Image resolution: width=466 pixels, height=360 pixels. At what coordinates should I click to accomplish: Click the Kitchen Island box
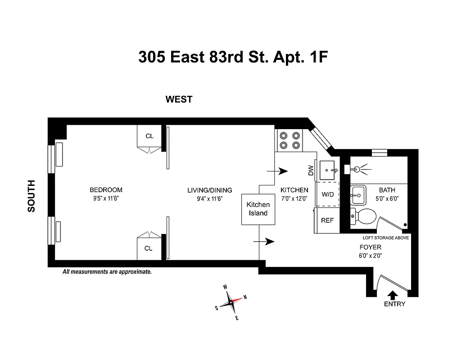[x=258, y=209]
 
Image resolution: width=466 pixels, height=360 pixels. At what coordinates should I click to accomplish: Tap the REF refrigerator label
[x=327, y=220]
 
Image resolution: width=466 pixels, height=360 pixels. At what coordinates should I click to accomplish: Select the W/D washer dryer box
[x=328, y=194]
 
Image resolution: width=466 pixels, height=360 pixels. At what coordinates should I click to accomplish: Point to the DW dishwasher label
[x=311, y=171]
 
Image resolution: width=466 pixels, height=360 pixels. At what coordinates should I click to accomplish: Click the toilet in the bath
[x=365, y=216]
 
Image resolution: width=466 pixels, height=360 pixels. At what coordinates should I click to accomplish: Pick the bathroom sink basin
[x=359, y=194]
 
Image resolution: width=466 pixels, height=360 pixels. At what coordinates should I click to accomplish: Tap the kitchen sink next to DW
[x=327, y=170]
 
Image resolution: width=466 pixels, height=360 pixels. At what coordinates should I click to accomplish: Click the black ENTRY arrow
[x=393, y=295]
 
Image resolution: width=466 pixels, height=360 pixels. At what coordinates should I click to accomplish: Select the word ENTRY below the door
[x=394, y=304]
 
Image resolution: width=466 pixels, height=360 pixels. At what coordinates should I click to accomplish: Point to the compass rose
[x=231, y=302]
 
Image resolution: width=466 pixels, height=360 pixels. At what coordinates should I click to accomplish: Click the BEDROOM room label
[x=106, y=190]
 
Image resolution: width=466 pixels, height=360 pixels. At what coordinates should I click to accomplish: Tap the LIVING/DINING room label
[x=210, y=190]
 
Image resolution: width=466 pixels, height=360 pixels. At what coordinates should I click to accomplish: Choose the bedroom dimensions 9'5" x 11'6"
[x=106, y=198]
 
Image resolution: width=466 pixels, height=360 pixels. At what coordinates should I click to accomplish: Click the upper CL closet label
[x=149, y=136]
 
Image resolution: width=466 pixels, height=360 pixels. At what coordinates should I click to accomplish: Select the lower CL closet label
[x=149, y=248]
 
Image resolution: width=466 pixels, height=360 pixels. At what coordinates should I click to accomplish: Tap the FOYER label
[x=371, y=247]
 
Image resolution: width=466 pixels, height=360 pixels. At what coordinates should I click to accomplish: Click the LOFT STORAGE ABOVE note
[x=386, y=238]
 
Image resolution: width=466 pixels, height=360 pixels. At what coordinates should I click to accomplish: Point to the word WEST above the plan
[x=179, y=99]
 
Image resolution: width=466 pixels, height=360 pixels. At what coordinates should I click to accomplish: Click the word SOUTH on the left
[x=32, y=196]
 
